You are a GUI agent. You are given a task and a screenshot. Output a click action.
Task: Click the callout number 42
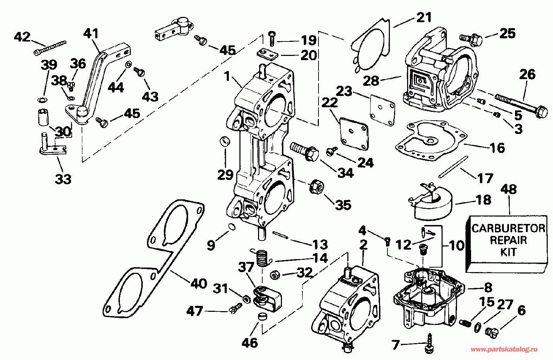[x=22, y=37]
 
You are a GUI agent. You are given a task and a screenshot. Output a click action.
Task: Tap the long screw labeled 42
[x=50, y=48]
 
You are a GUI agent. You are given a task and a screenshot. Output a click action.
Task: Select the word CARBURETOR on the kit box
[x=508, y=229]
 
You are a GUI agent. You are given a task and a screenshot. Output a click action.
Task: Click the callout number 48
[x=509, y=189]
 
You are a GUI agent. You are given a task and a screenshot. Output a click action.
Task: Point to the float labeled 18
[x=432, y=204]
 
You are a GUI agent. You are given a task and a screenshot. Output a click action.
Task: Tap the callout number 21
[x=424, y=17]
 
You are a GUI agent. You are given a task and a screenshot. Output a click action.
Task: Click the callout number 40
[x=199, y=283]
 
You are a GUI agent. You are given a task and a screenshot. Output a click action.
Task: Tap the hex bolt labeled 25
[x=471, y=39]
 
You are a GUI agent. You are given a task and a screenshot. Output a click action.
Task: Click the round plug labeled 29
[x=225, y=142]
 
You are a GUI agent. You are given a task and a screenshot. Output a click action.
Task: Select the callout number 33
[x=63, y=179]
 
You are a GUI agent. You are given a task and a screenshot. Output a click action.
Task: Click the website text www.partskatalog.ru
[x=504, y=349]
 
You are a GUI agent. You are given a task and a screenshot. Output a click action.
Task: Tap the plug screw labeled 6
[x=491, y=331]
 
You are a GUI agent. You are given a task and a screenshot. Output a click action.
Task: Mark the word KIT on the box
[x=508, y=252]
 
